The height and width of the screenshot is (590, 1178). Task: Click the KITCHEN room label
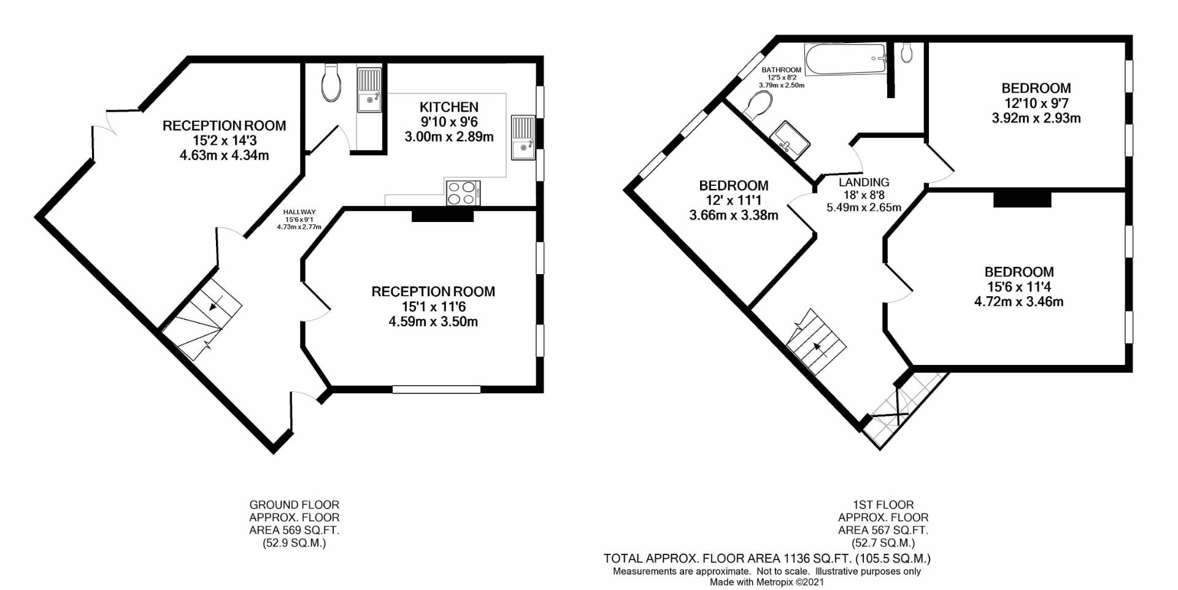pos(448,107)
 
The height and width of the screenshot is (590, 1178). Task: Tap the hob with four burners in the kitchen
pos(463,193)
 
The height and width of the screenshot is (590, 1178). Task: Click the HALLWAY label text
pos(299,212)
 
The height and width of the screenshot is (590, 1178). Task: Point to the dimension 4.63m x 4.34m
pos(224,155)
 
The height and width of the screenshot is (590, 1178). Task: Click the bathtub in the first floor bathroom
pos(845,59)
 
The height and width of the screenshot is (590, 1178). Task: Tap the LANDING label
pos(863,182)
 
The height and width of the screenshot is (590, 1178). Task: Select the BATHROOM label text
pos(781,70)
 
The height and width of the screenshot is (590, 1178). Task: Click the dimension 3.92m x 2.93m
pos(1036,118)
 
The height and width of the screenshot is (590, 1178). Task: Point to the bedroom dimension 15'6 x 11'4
pos(1018,286)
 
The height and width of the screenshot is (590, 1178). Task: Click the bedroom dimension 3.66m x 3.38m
pos(733,215)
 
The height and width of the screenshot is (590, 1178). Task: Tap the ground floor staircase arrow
pos(214,305)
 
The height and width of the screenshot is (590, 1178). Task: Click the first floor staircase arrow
pos(817,348)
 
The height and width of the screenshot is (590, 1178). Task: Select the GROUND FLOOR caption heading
pos(294,505)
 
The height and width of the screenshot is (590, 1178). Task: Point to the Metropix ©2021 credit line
pos(766,582)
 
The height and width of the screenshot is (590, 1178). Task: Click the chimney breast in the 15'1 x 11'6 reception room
pos(442,215)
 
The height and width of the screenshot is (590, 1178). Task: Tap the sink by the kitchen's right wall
pos(523,138)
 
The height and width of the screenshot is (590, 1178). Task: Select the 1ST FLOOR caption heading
pos(883,505)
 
